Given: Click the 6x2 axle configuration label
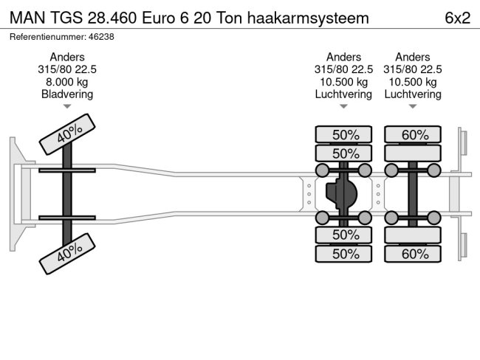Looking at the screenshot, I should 457,18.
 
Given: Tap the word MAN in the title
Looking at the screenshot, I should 27,18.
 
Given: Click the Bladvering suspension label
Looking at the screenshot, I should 67,94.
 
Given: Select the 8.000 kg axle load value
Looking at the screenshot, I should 67,82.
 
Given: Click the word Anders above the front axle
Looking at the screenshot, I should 67,58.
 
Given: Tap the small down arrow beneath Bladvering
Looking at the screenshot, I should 67,107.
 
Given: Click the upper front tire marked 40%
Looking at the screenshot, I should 68,134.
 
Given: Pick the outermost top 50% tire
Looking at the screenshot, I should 345,134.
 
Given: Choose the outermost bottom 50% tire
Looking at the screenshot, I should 345,254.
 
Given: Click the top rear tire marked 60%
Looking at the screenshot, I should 414,134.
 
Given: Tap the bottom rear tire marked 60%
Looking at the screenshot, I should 414,254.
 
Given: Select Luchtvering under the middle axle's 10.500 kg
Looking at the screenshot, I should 343,94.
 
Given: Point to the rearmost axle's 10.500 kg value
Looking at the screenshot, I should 413,82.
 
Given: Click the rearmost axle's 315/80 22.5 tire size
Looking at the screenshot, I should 413,69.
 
